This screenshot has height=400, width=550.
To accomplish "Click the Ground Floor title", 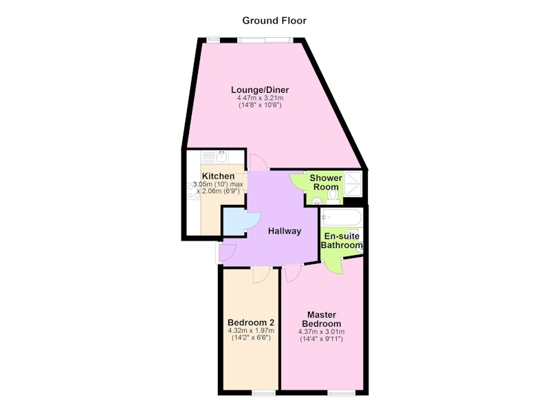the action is click(274, 21).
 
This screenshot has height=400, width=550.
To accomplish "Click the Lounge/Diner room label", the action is click(260, 90).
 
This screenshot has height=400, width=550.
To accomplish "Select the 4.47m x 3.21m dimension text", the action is click(260, 98).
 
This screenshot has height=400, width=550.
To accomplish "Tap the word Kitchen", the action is click(218, 176).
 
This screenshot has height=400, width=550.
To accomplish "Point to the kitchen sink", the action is click(222, 156).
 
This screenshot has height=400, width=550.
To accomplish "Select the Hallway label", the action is click(285, 231).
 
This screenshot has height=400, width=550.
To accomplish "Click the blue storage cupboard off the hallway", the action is click(234, 222).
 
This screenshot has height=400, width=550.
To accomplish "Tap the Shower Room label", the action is click(326, 182).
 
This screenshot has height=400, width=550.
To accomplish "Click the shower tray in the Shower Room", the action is click(353, 184).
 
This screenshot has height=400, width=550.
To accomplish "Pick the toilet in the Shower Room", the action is click(333, 197).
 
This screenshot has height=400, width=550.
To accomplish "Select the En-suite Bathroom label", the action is click(342, 241).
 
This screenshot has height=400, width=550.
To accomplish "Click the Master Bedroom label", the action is click(322, 319).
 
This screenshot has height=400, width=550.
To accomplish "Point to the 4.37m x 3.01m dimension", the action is click(321, 332).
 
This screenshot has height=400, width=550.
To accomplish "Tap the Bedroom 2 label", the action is click(251, 322).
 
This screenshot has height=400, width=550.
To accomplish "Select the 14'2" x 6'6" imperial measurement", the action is click(251, 338).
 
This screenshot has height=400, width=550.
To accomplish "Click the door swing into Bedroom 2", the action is click(261, 275).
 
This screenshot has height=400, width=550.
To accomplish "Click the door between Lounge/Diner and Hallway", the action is click(258, 162).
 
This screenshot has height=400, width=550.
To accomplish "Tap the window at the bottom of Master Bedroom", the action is click(342, 392).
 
